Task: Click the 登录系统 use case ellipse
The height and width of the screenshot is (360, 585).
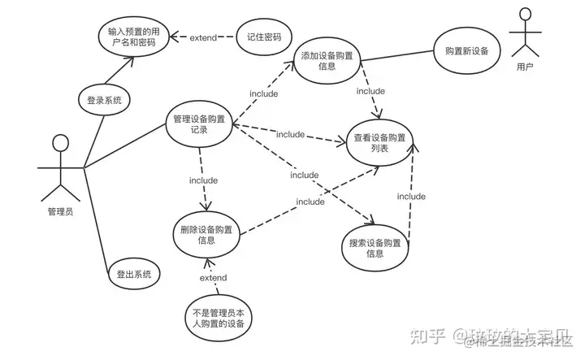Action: (x=104, y=101)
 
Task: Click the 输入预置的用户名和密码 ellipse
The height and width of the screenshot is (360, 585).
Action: (x=134, y=38)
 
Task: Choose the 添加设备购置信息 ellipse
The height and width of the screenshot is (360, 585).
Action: (x=327, y=62)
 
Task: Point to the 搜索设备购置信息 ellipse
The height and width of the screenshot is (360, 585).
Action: (x=375, y=248)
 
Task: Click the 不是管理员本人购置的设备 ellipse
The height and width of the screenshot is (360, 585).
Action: (x=215, y=317)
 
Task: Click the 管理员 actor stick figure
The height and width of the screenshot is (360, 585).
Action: (x=59, y=168)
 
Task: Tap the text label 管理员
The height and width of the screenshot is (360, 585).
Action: (x=59, y=212)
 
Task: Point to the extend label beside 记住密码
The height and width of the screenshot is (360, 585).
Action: (x=203, y=37)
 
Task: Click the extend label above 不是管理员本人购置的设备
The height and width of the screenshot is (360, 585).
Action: (x=213, y=278)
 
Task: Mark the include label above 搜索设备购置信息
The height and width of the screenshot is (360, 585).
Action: (x=305, y=175)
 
